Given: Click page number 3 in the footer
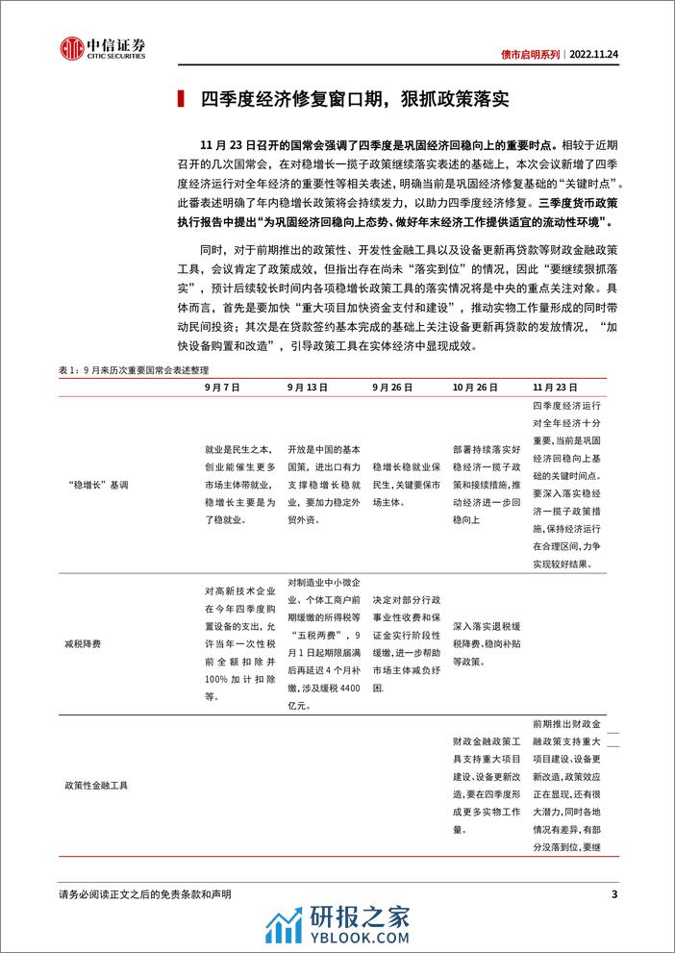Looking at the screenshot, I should (x=613, y=896).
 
